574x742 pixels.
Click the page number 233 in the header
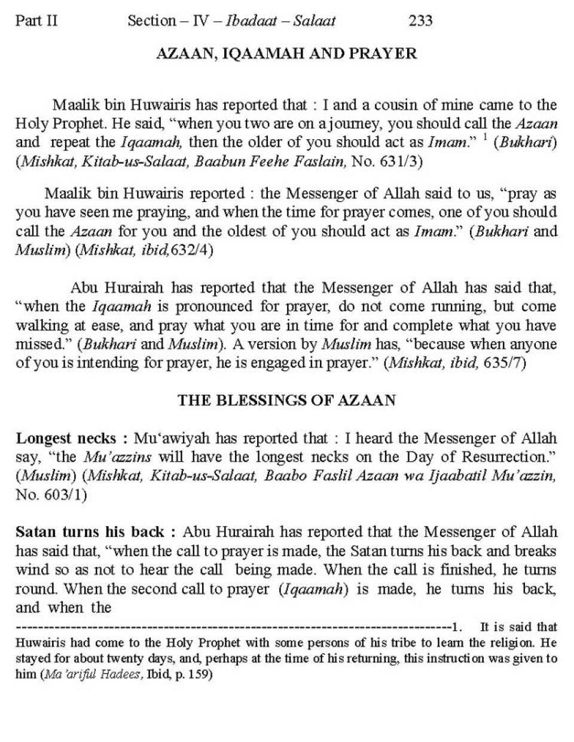(x=420, y=21)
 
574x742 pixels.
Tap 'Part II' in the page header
(x=36, y=21)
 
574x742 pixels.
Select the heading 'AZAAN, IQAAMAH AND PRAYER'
(x=286, y=54)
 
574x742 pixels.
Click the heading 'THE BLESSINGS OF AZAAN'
(x=286, y=400)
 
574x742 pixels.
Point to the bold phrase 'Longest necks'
(x=66, y=439)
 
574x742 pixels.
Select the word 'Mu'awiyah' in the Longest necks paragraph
(x=172, y=439)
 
